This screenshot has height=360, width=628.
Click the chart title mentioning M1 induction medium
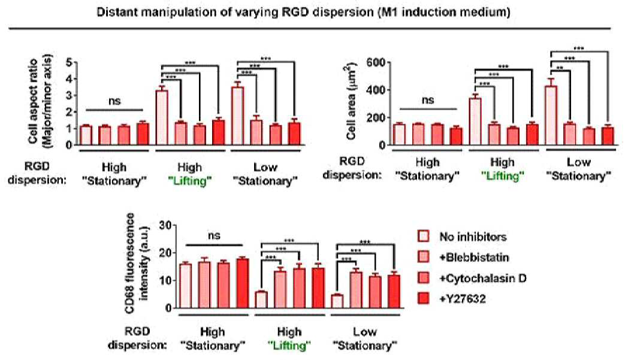(x=303, y=12)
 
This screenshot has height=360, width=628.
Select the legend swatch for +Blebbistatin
(x=423, y=257)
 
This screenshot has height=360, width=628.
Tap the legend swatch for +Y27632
(x=423, y=298)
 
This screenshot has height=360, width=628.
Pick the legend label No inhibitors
(x=473, y=237)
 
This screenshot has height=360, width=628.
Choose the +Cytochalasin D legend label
(x=482, y=278)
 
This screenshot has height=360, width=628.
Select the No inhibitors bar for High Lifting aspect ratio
(x=162, y=118)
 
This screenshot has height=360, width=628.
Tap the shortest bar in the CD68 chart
(x=337, y=301)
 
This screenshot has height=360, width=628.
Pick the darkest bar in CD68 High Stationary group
(x=242, y=283)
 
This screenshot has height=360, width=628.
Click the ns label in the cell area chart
(x=428, y=100)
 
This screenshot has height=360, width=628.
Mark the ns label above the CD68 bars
(x=214, y=235)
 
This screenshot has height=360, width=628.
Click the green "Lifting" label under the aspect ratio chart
(x=190, y=181)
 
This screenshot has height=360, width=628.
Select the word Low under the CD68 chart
(x=365, y=332)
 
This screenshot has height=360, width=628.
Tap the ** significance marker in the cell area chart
(x=560, y=68)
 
